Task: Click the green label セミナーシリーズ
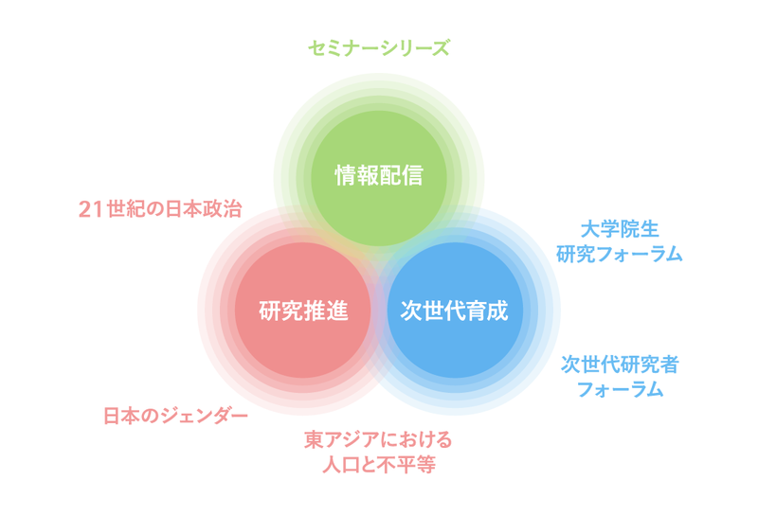coord(379,48)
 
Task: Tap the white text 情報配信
coord(379,175)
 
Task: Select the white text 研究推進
coord(303,311)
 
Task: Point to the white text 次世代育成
coord(455,311)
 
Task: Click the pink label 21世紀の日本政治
coord(160,209)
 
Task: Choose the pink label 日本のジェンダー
coord(175,416)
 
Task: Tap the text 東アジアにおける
coord(378,439)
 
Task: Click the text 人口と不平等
coord(379,465)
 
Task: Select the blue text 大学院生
coord(620,229)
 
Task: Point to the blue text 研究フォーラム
coord(620,254)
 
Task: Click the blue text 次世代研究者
coord(620,365)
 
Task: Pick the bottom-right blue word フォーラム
coord(620,389)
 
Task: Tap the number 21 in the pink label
coord(91,209)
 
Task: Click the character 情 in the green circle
coord(346,175)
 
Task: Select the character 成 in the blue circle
coord(498,311)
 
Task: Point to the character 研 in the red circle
coord(270,311)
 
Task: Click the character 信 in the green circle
coord(413,175)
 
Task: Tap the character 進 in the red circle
coord(337,311)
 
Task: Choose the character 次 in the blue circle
coord(411,311)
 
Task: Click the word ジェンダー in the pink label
coord(205,416)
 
